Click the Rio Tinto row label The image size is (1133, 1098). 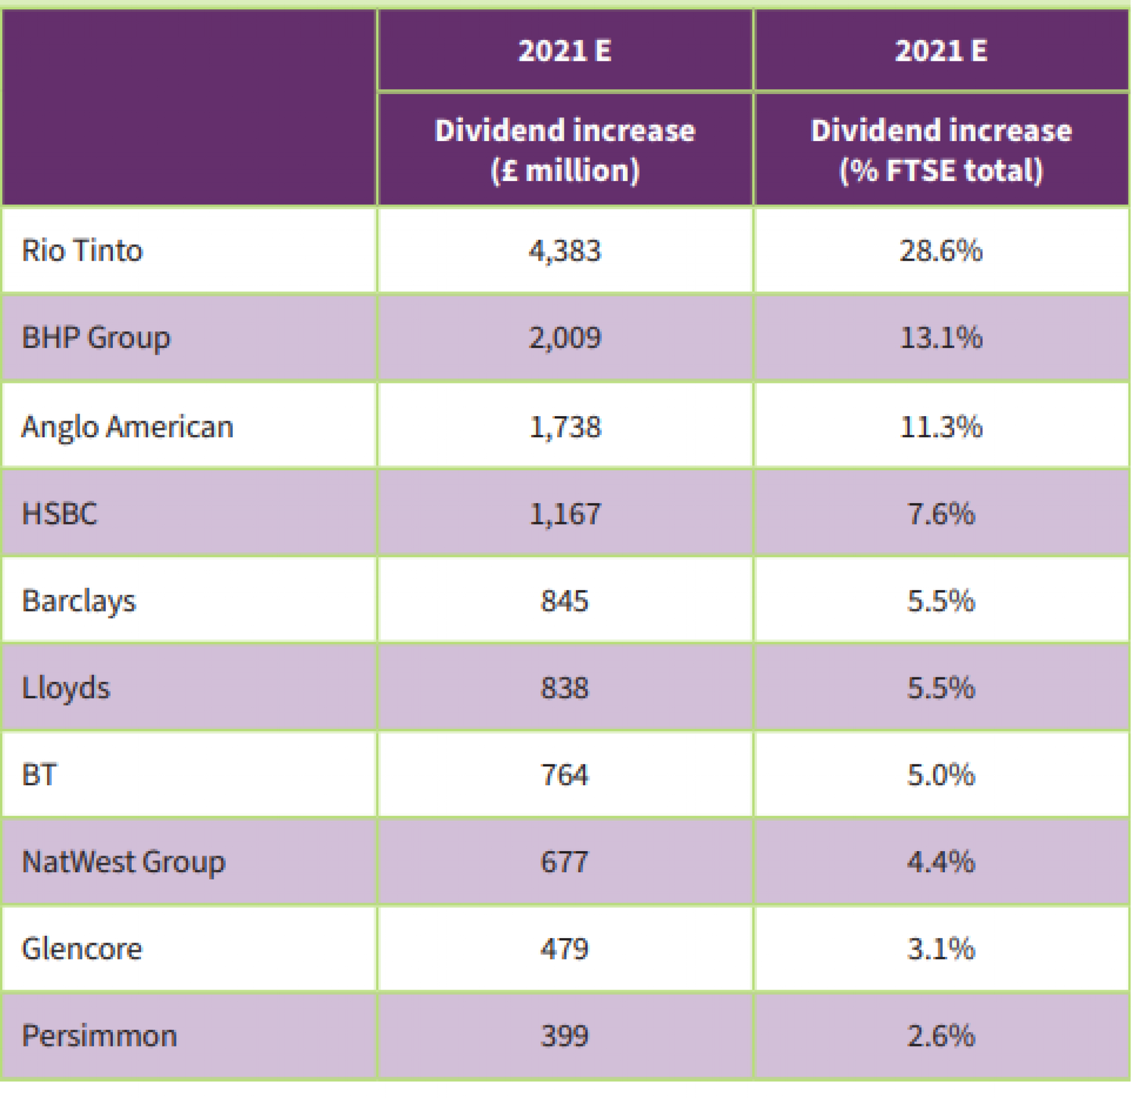click(82, 251)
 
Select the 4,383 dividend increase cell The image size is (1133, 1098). click(565, 251)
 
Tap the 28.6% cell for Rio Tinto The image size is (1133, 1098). click(941, 251)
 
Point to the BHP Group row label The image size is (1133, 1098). click(96, 338)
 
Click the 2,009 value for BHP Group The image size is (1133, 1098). click(565, 338)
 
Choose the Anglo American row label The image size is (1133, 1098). click(127, 427)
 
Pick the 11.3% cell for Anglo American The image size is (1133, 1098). click(941, 427)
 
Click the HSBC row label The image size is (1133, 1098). click(60, 514)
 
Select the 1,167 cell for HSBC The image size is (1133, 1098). click(565, 514)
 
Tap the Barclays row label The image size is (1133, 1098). click(79, 602)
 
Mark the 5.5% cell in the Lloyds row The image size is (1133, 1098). click(941, 688)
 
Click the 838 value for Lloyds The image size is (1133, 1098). click(565, 688)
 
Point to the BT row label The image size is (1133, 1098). click(39, 775)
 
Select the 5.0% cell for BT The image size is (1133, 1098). click(941, 775)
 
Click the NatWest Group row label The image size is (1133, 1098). click(123, 862)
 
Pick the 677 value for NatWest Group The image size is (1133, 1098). click(565, 862)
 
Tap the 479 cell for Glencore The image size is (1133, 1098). click(565, 949)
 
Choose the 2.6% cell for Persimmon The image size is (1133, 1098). click(941, 1036)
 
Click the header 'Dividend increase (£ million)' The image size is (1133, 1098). click(565, 151)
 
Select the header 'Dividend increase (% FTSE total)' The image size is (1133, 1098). click(941, 151)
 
